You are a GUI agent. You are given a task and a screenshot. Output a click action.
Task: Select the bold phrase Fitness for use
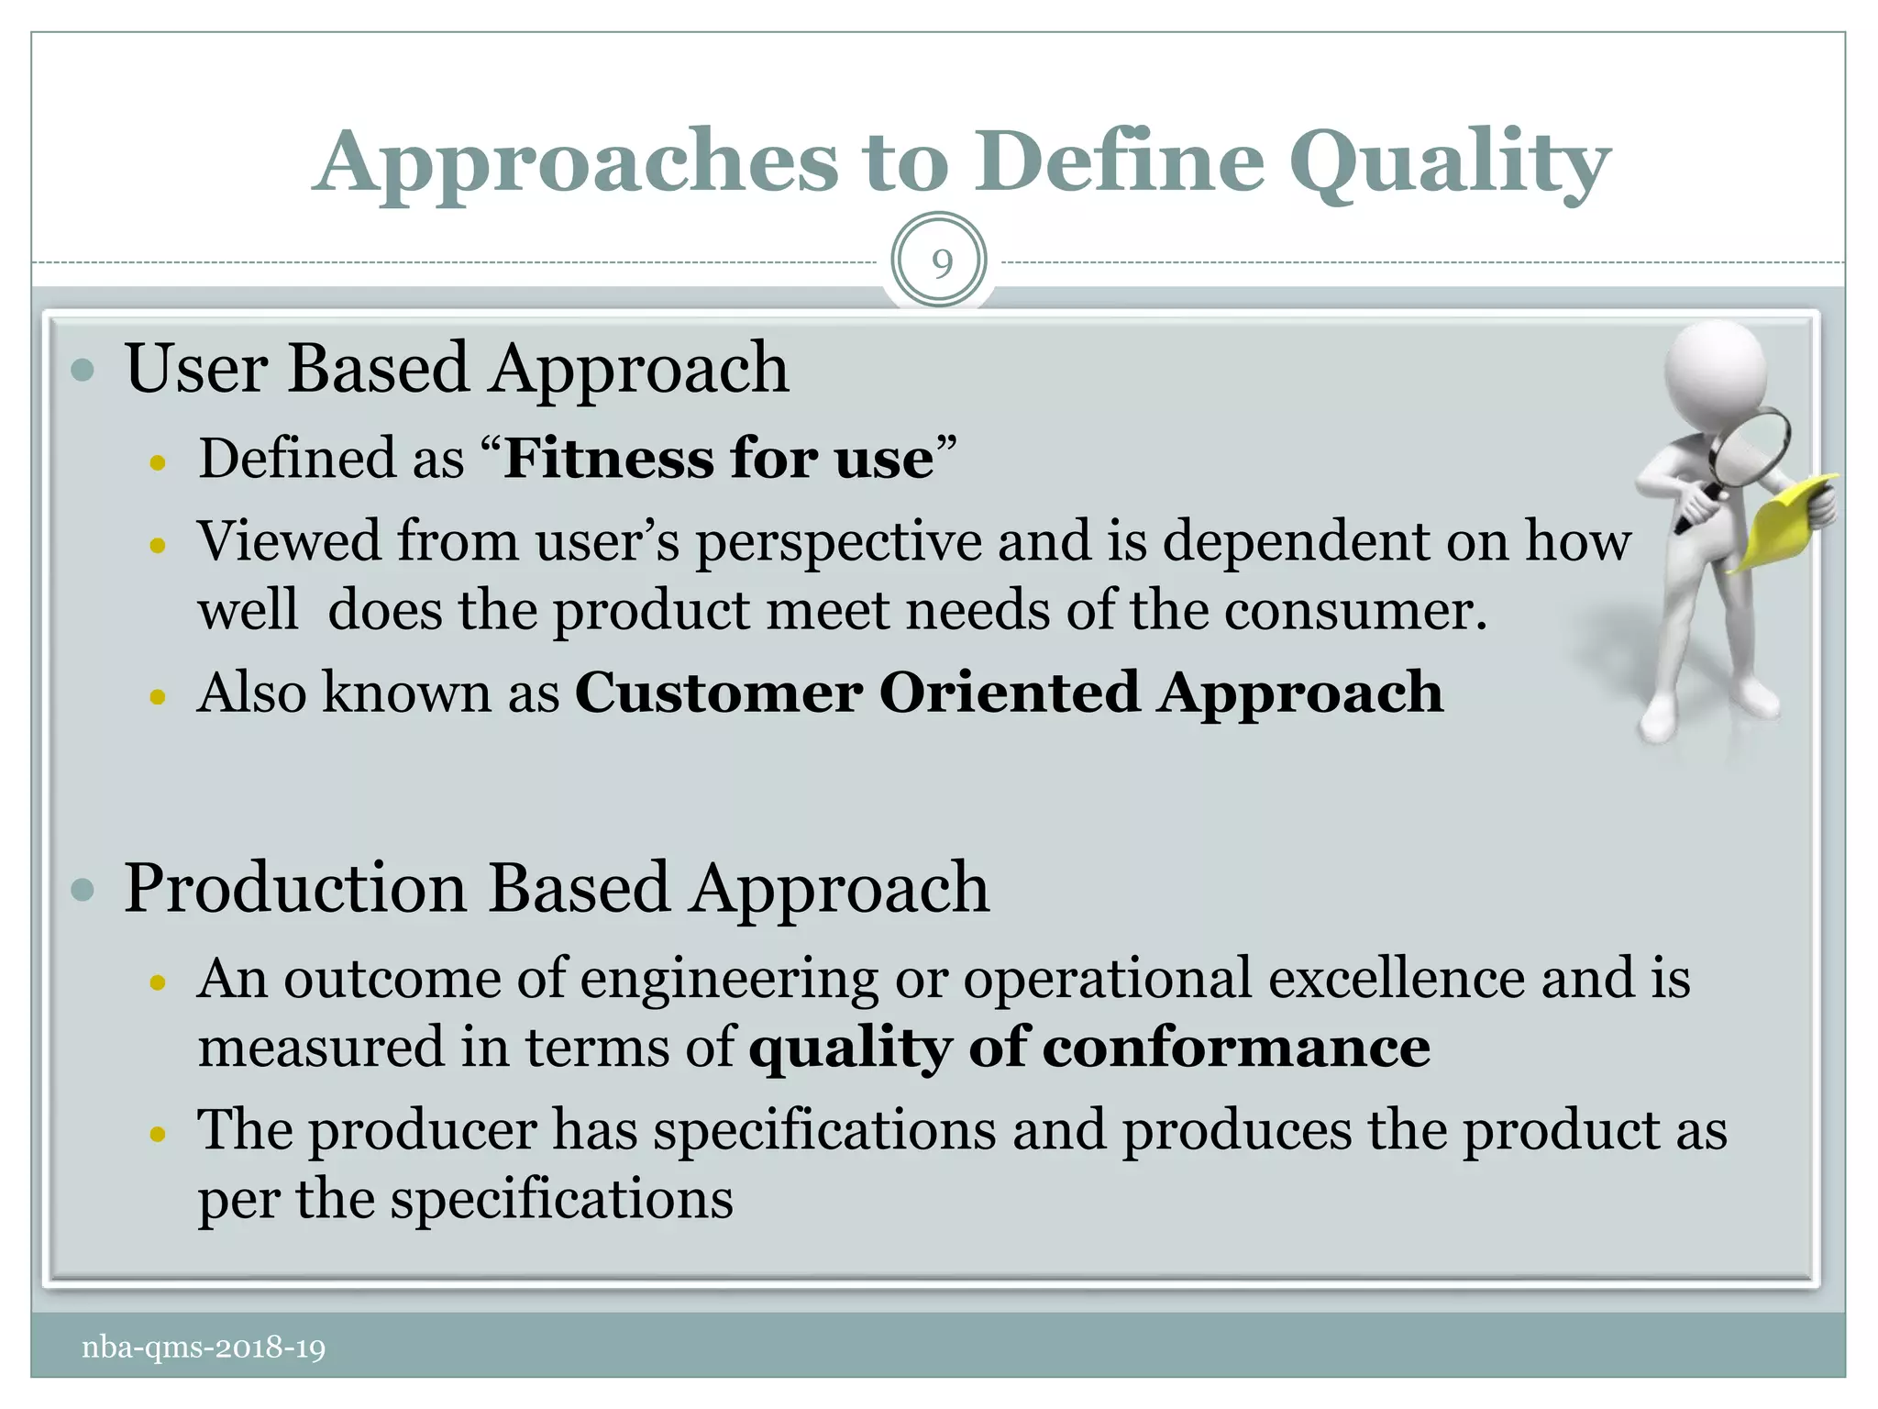[719, 459]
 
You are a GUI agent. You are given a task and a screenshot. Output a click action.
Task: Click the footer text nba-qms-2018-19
[204, 1348]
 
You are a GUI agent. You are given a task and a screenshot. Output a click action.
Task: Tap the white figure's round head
[1713, 372]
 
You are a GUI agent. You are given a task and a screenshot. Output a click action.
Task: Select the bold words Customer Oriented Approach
[1009, 693]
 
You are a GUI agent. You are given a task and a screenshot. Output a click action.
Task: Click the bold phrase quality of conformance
[1089, 1048]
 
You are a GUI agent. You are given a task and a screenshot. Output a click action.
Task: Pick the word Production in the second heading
[295, 888]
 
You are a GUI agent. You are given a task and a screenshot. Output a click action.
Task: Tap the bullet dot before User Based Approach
[83, 371]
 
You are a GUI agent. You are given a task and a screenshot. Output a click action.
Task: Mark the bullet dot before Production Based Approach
[83, 890]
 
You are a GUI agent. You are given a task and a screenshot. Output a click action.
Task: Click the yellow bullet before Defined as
[158, 463]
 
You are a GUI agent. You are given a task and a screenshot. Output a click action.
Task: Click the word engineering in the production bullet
[729, 979]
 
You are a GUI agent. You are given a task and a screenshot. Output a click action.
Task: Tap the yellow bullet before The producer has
[158, 1135]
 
